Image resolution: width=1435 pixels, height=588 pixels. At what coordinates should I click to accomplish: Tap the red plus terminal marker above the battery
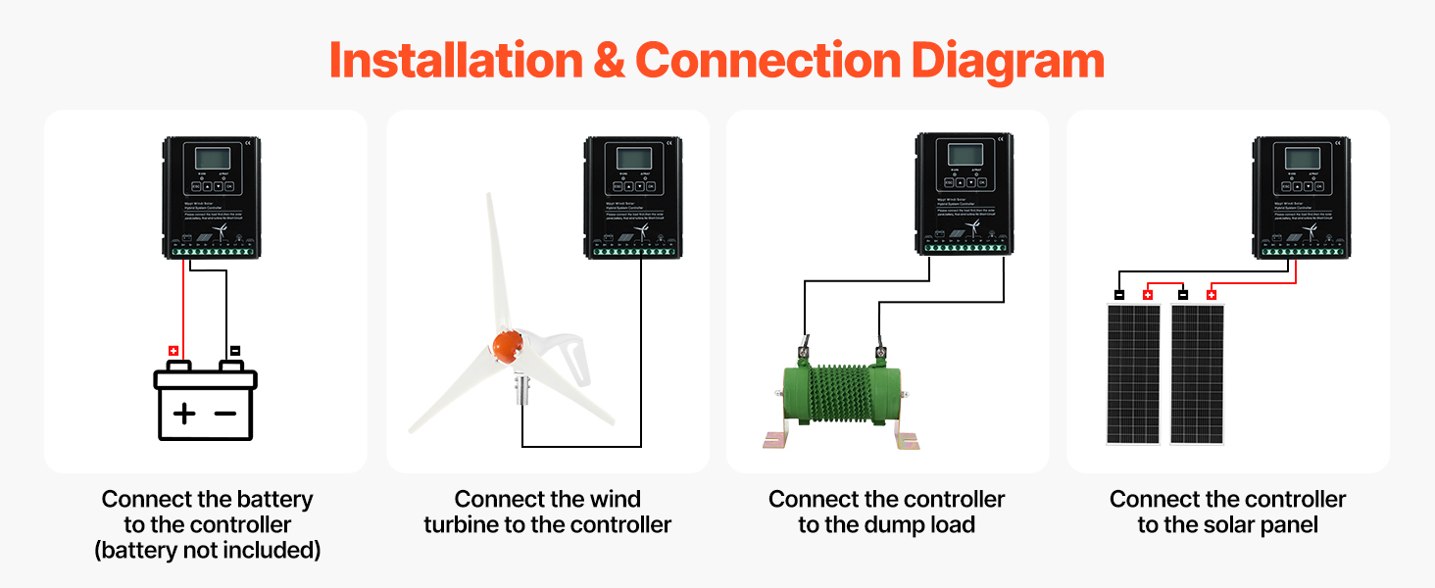point(173,350)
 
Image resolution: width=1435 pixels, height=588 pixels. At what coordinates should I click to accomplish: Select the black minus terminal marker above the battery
point(234,350)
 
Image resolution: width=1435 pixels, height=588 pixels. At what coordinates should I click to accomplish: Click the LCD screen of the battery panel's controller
point(212,160)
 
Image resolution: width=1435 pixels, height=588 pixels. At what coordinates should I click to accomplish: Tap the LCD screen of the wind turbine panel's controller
point(632,159)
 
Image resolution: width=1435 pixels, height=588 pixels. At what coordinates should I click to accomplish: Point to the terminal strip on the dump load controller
point(962,252)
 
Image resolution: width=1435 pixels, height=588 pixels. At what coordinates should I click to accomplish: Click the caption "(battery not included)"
point(208,551)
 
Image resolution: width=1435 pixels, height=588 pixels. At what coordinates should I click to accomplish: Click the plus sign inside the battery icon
point(184,413)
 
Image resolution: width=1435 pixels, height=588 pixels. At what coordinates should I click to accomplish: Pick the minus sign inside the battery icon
point(225,413)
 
